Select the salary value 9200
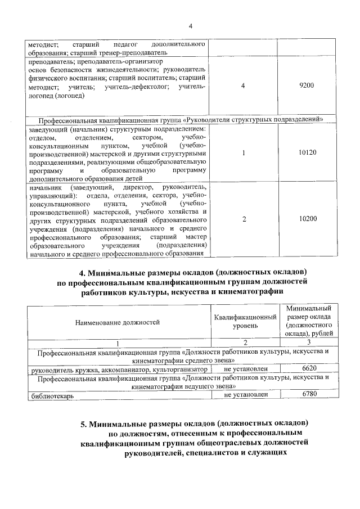coord(307,85)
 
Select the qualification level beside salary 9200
coord(242,85)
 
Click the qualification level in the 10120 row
coord(242,152)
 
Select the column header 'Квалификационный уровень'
coord(245,322)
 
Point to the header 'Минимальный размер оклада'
coord(308,313)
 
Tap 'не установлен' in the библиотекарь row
coord(245,395)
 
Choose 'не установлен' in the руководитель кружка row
coord(245,368)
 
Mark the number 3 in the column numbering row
coord(308,343)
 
